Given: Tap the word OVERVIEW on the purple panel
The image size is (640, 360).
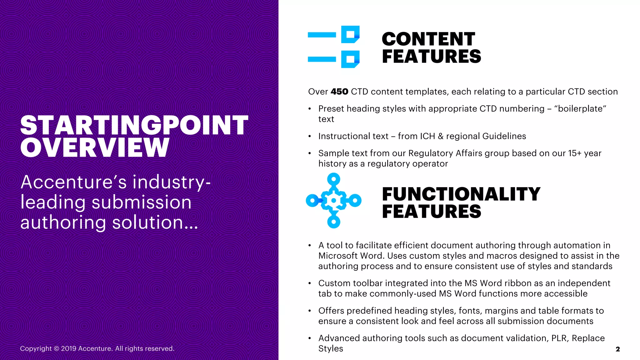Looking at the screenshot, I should (x=95, y=147).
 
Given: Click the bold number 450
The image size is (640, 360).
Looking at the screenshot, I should (x=339, y=92).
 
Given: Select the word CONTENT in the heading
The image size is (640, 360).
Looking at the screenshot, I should (x=428, y=39).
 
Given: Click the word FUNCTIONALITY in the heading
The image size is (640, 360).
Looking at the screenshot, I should (x=461, y=194).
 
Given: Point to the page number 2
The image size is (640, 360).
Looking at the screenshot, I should (x=617, y=349).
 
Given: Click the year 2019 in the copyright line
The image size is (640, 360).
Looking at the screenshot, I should (x=68, y=348).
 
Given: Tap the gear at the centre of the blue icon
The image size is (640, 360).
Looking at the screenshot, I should (x=334, y=201).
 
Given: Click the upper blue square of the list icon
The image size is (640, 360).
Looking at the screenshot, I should (x=350, y=34).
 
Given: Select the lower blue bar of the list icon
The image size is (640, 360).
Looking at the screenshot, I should (x=322, y=59).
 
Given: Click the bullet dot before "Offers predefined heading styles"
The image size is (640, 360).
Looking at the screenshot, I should (x=310, y=311).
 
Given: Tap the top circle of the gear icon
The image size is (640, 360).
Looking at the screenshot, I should (x=334, y=179).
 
